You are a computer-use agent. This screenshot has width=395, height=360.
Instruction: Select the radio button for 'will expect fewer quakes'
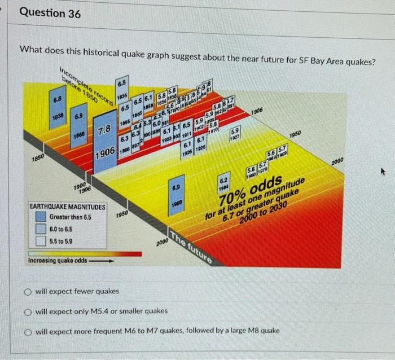tap(27, 291)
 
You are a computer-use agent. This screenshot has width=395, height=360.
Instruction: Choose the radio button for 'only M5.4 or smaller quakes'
tap(27, 311)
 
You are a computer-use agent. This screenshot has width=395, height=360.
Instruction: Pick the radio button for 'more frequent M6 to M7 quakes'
tap(27, 331)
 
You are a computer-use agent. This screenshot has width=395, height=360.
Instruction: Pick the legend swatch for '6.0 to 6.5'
tap(41, 229)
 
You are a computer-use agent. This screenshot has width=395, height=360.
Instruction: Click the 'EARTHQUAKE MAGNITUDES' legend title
tap(67, 208)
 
